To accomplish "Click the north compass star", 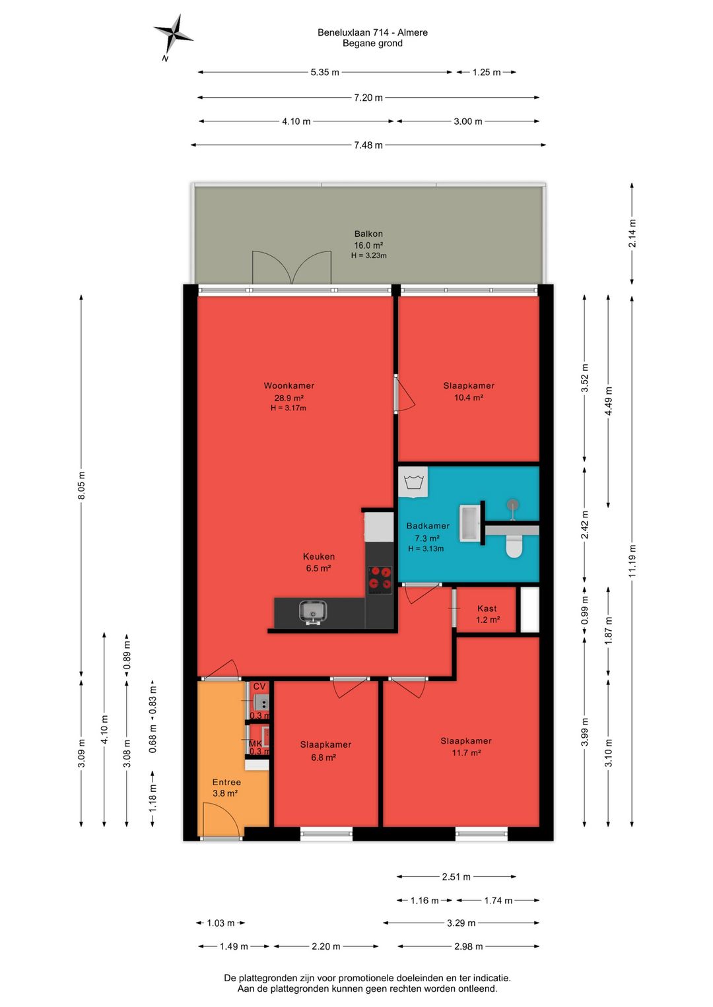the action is [173, 34].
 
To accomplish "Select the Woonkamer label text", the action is [289, 386].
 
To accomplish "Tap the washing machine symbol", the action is [413, 483].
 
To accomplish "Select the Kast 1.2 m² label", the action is [488, 614].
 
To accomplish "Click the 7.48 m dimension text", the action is [368, 145].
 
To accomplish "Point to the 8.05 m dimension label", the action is [81, 486].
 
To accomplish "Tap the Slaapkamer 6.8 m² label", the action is [325, 751].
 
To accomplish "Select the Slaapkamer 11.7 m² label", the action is [466, 747].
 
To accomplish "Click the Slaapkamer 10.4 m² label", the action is [469, 391].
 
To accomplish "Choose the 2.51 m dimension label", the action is [456, 876].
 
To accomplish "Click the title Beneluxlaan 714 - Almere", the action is [372, 32].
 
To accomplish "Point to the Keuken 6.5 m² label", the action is [318, 562].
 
